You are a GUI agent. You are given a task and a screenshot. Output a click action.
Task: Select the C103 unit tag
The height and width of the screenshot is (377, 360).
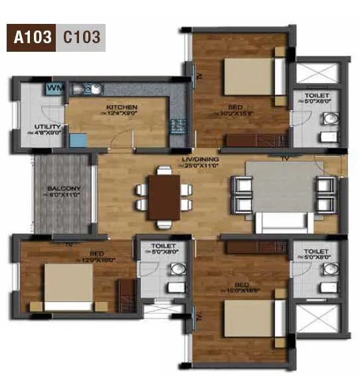click(82, 37)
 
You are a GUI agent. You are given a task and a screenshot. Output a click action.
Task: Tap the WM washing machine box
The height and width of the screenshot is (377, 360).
click(55, 88)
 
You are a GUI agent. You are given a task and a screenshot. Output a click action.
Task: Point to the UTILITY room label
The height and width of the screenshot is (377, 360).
click(47, 127)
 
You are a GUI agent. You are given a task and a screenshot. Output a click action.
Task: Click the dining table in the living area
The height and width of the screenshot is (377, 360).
click(163, 194)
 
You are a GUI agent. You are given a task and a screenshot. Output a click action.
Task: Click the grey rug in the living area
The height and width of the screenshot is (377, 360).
click(278, 187)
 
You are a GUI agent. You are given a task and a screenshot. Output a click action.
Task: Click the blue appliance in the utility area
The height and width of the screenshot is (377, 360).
click(78, 140)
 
